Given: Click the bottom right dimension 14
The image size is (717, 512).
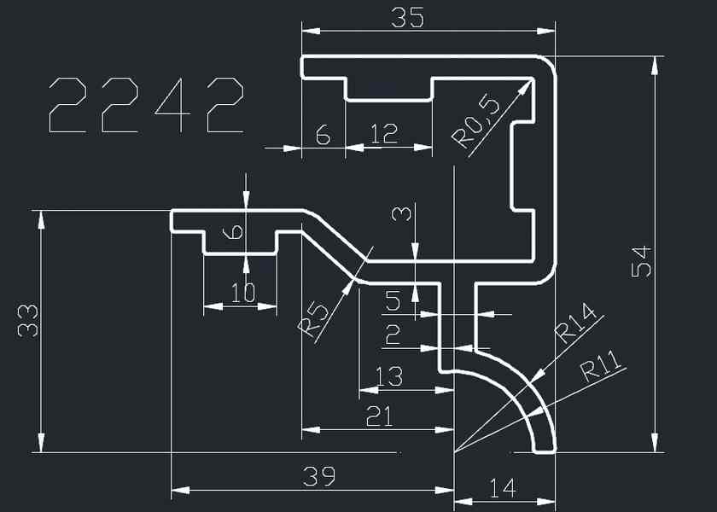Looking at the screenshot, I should (x=503, y=488).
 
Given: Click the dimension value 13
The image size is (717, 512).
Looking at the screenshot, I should (x=389, y=375).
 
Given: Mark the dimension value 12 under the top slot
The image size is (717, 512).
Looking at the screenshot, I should (x=384, y=133).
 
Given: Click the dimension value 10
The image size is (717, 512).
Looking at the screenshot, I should (x=243, y=293).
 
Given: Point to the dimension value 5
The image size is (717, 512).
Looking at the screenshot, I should (x=393, y=300).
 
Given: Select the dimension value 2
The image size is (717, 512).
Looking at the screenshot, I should (x=392, y=335).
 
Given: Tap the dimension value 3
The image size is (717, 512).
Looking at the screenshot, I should (x=401, y=212).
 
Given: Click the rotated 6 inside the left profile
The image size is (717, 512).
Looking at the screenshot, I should (x=236, y=230).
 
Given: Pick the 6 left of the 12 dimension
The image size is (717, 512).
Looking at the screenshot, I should (x=322, y=133).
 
